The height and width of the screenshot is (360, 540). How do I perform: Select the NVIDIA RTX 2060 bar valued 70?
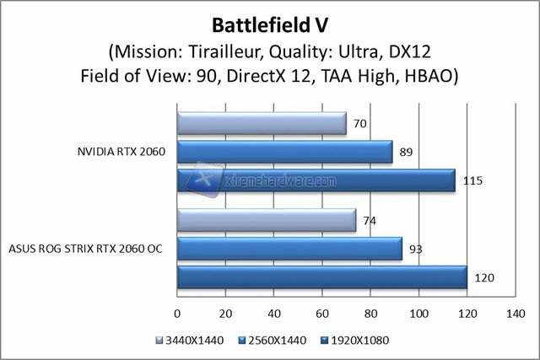[x=262, y=124]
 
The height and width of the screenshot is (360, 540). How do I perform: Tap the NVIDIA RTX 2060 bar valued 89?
[x=285, y=152]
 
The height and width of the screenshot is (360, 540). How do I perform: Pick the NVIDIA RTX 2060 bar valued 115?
[x=316, y=180]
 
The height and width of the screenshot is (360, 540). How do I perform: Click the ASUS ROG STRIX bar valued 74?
[x=267, y=221]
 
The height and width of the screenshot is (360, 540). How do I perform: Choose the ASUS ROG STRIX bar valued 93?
[x=289, y=249]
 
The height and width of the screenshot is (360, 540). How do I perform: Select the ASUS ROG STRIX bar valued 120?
[x=322, y=277]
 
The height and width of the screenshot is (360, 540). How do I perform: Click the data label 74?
[x=370, y=221]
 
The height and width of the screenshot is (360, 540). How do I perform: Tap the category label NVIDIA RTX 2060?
[x=120, y=152]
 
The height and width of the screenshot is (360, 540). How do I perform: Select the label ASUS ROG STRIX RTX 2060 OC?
[x=85, y=249]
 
